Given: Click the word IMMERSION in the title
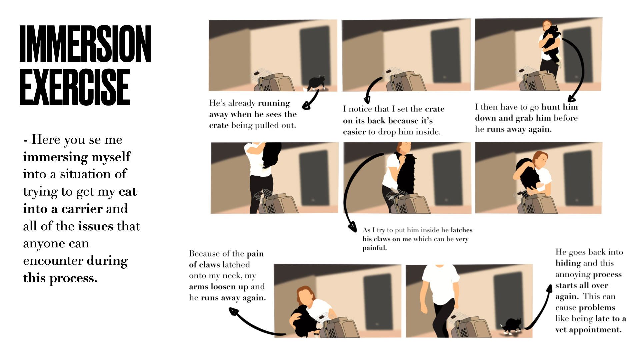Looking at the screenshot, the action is pyautogui.click(x=85, y=44).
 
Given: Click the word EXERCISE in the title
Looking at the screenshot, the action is pyautogui.click(x=75, y=87).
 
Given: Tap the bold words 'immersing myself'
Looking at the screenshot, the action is pyautogui.click(x=77, y=157).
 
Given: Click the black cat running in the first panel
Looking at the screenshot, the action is pyautogui.click(x=315, y=83).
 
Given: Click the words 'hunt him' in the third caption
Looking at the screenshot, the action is pyautogui.click(x=560, y=107).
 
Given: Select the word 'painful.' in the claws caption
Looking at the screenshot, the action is pyautogui.click(x=375, y=248).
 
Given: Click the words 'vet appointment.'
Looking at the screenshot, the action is pyautogui.click(x=588, y=330).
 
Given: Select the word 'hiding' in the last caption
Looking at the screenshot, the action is pyautogui.click(x=568, y=263).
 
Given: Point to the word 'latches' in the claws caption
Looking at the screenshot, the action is pyautogui.click(x=461, y=230).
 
